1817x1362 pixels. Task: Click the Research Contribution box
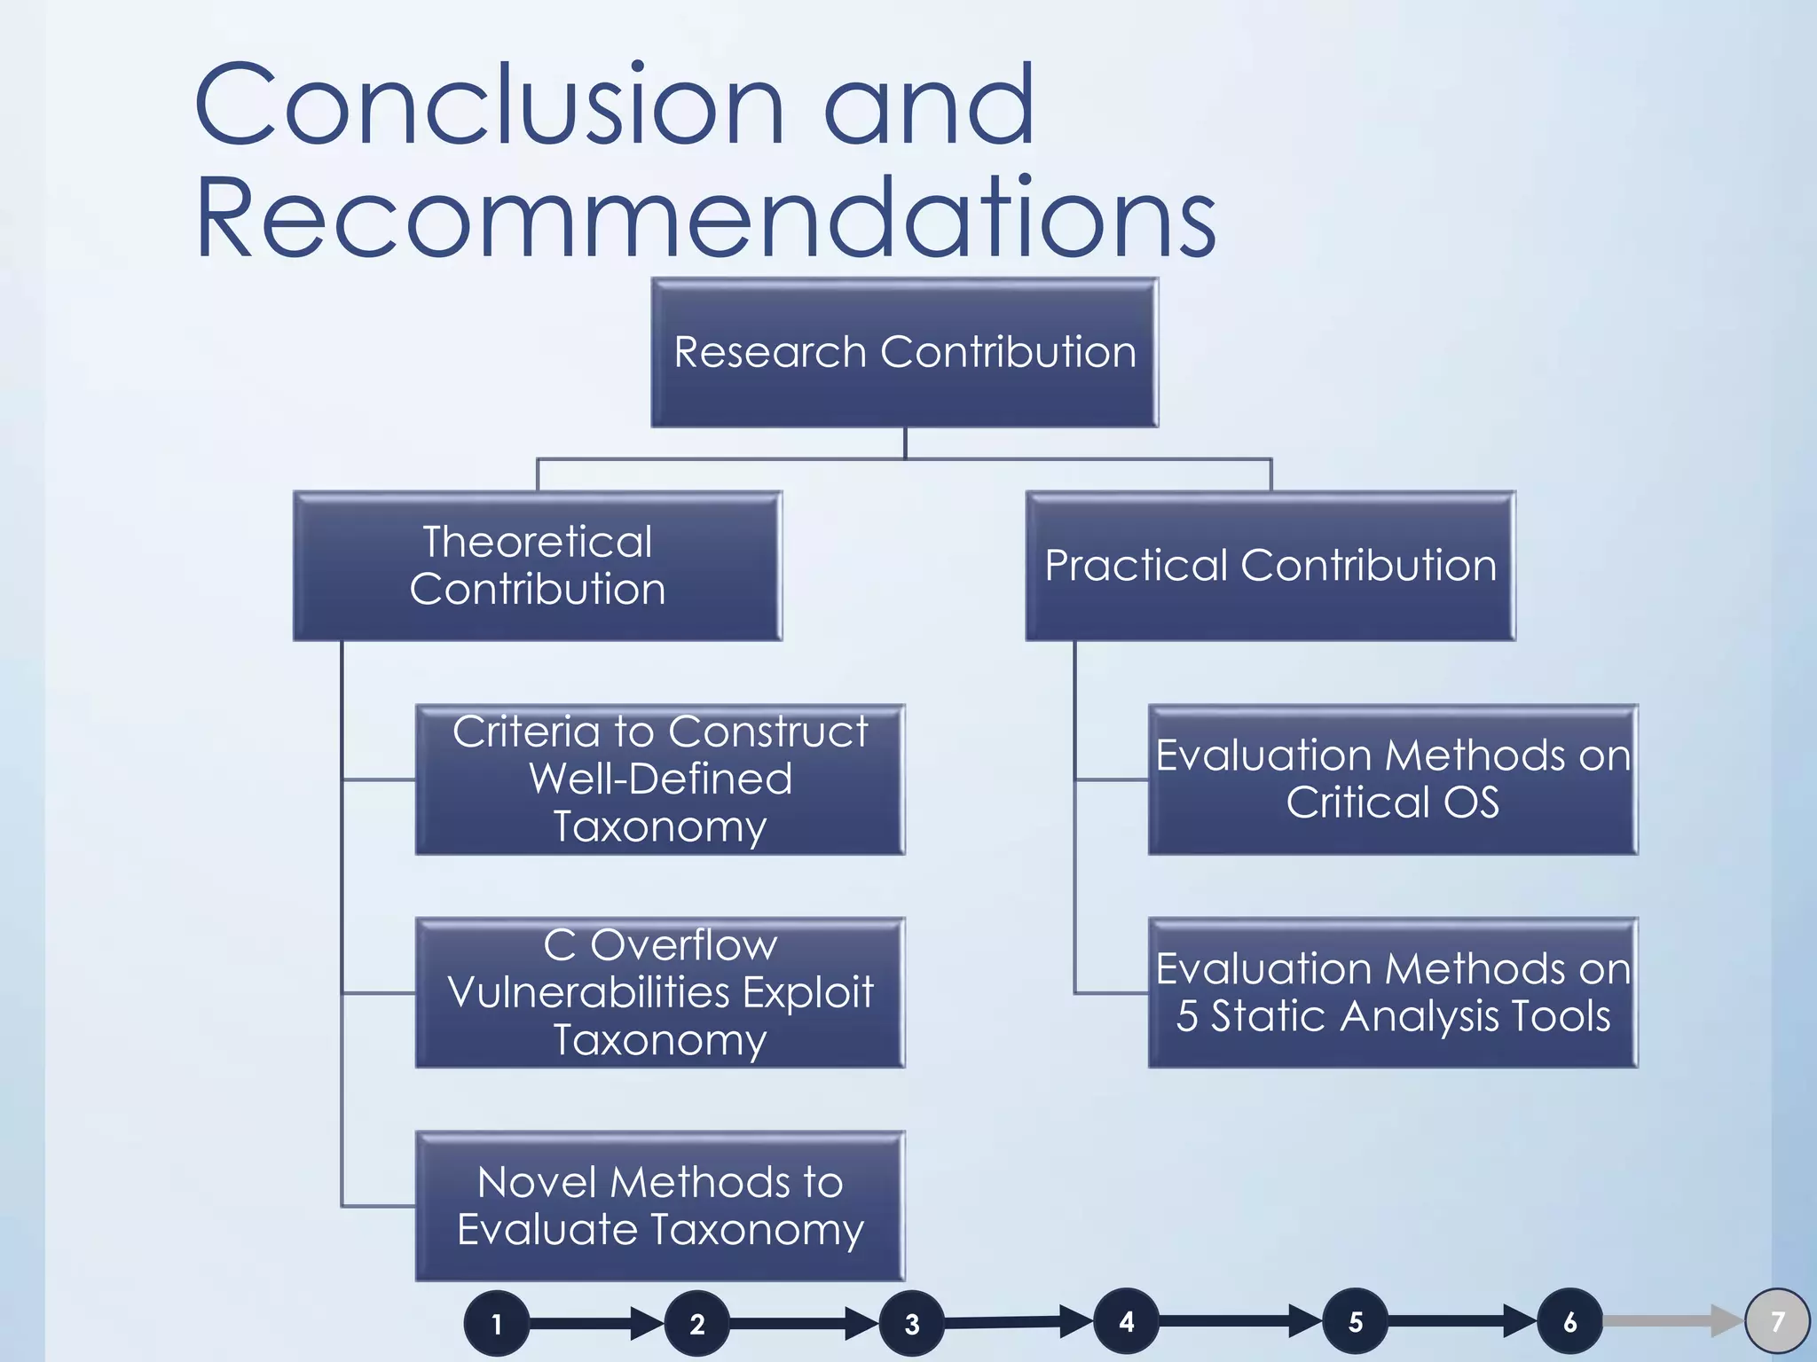pyautogui.click(x=904, y=353)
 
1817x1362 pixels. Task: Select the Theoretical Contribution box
pyautogui.click(x=538, y=566)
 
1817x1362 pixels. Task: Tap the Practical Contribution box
pyautogui.click(x=1270, y=566)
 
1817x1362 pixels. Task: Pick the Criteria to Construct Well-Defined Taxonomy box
pyautogui.click(x=660, y=779)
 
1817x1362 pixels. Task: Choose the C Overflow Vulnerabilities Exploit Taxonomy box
pyautogui.click(x=660, y=992)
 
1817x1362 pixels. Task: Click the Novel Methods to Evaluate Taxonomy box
pyautogui.click(x=660, y=1206)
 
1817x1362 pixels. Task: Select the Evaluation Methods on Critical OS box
pyautogui.click(x=1393, y=779)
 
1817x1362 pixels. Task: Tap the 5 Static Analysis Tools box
pyautogui.click(x=1393, y=992)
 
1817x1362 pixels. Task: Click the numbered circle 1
pyautogui.click(x=497, y=1324)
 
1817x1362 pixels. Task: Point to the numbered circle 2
pyautogui.click(x=697, y=1324)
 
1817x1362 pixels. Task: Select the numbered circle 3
pyautogui.click(x=911, y=1324)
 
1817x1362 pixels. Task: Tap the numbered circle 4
pyautogui.click(x=1126, y=1322)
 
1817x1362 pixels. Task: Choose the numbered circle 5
pyautogui.click(x=1356, y=1322)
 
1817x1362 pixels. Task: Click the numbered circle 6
pyautogui.click(x=1569, y=1322)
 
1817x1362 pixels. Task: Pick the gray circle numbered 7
pyautogui.click(x=1777, y=1322)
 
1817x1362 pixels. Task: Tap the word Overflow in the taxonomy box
pyautogui.click(x=683, y=945)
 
